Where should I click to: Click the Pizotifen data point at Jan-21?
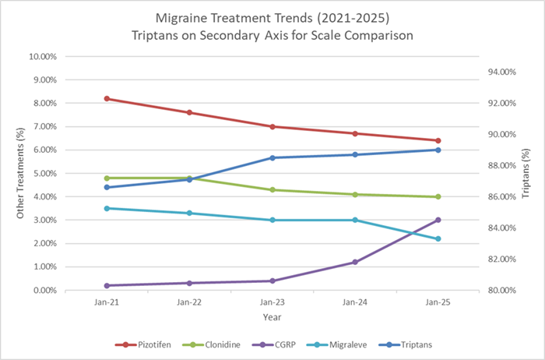[107, 99]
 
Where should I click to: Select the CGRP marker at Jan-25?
[438, 220]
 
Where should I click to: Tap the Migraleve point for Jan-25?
[438, 238]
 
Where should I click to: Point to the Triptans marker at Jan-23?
[272, 157]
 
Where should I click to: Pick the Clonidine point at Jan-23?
[272, 189]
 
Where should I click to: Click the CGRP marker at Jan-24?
[355, 262]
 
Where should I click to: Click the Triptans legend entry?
[407, 344]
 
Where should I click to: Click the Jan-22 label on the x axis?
[189, 302]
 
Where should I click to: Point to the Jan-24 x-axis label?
[355, 302]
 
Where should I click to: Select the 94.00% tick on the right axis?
[501, 72]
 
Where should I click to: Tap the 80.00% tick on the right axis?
[501, 290]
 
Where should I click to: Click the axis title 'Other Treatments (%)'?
[21, 173]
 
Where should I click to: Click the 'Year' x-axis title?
[272, 317]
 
